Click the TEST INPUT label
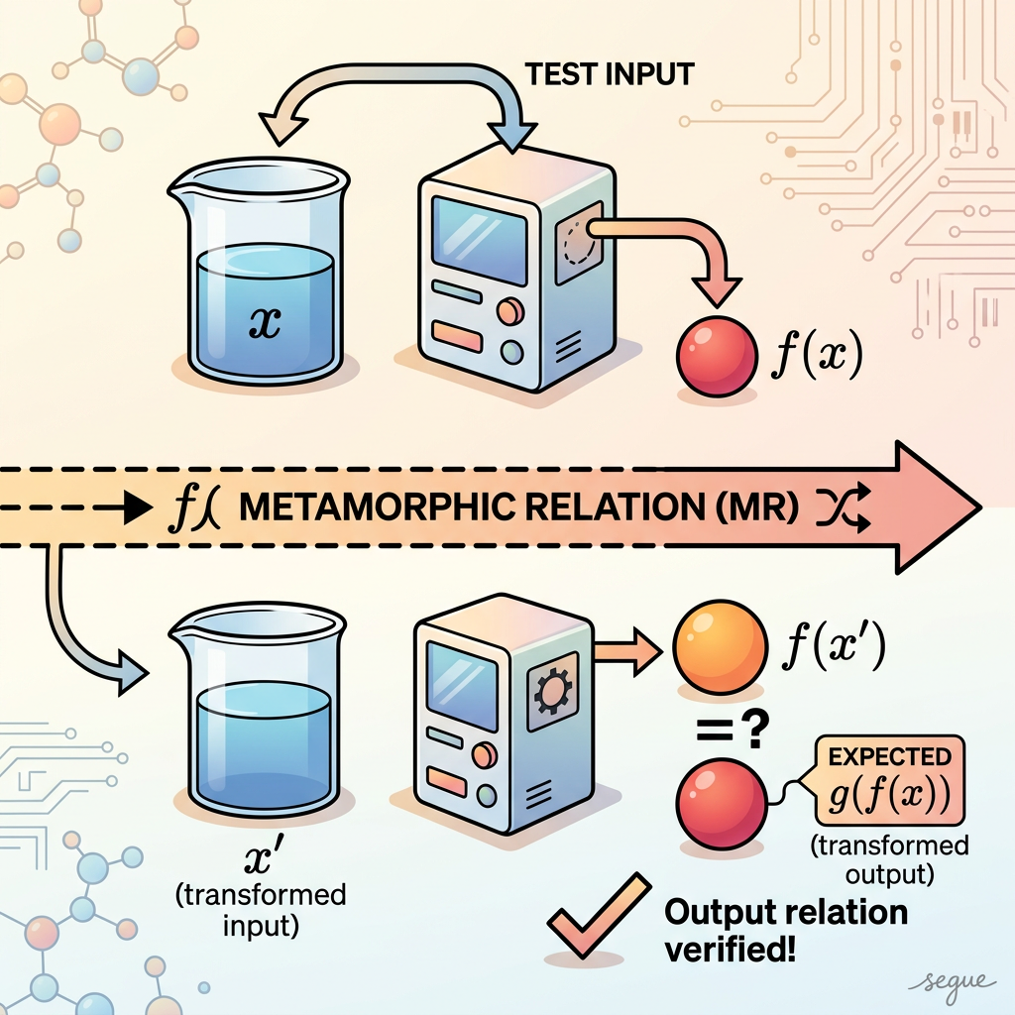pyautogui.click(x=610, y=74)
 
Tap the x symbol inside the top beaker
pyautogui.click(x=265, y=322)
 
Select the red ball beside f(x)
pyautogui.click(x=717, y=357)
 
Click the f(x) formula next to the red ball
pyautogui.click(x=817, y=354)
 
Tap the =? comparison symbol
pyautogui.click(x=733, y=730)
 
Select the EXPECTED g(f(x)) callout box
pyautogui.click(x=890, y=780)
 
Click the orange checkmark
pyautogui.click(x=599, y=915)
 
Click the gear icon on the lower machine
pyautogui.click(x=551, y=691)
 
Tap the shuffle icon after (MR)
pyautogui.click(x=843, y=507)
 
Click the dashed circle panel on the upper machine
pyautogui.click(x=578, y=242)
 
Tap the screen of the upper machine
pyautogui.click(x=479, y=240)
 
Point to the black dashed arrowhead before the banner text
pyautogui.click(x=137, y=507)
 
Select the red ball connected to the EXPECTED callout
pyautogui.click(x=721, y=804)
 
